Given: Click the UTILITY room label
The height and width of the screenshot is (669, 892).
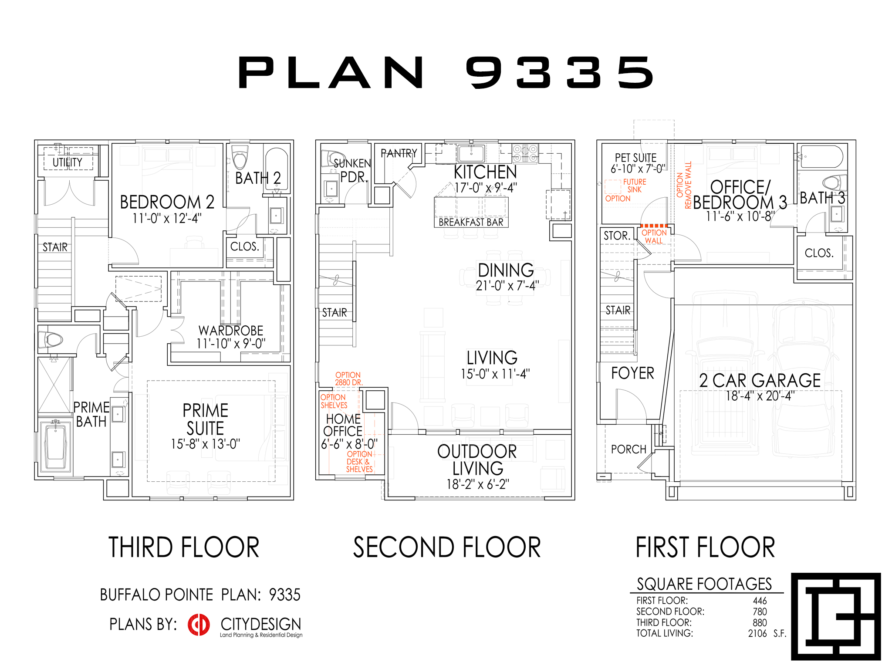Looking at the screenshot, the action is coord(68,162).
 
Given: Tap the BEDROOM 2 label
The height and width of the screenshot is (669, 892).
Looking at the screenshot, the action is coord(167,202).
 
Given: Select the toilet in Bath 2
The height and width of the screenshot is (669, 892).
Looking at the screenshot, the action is coord(240,157).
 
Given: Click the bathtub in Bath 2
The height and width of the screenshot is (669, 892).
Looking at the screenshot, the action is coord(276,170).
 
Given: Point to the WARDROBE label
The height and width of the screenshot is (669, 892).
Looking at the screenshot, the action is coord(231,331).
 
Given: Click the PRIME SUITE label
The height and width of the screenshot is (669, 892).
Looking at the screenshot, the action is coord(206,419).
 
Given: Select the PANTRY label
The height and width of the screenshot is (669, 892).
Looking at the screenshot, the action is coord(399,153).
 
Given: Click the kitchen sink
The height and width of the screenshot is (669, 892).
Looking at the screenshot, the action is coord(471,154).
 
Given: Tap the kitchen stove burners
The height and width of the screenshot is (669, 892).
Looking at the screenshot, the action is coord(525,153).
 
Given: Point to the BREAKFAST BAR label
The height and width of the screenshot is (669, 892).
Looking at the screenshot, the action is coord(471,222).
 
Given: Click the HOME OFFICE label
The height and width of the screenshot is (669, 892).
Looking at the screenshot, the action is coord(343,425).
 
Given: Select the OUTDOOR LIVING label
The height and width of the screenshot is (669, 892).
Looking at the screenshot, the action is coord(477,460).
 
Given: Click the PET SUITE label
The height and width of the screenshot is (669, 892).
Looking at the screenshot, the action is coord(635,158).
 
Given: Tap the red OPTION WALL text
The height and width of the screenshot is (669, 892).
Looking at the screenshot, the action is coord(654,237).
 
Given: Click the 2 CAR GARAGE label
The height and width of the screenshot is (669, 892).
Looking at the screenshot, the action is coord(760,381).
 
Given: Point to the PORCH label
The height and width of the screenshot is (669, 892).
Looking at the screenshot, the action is coord(628,449).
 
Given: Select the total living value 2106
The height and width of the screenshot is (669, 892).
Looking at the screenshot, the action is coord(757,634).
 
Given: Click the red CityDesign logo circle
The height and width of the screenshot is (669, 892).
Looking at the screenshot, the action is coord(199,625).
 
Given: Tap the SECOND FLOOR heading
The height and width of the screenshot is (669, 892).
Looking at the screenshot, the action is coord(447,547).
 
